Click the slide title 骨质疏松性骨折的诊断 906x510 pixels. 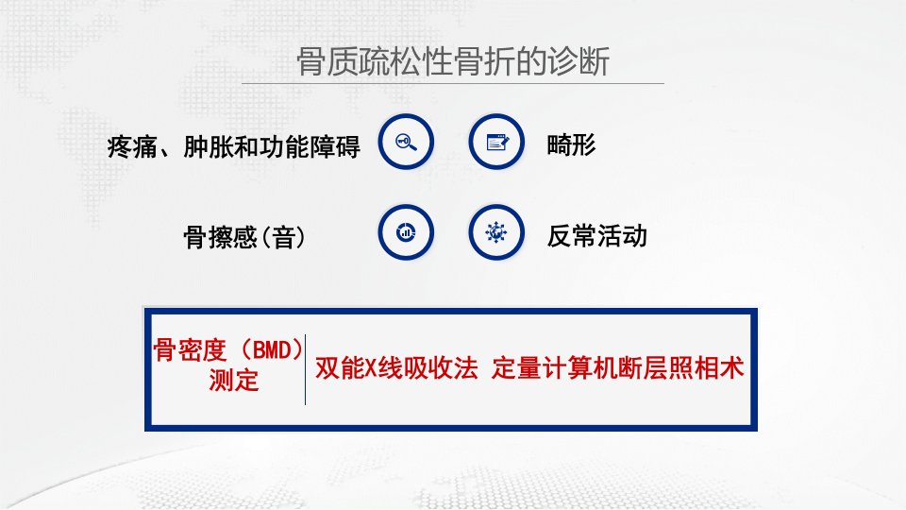453,61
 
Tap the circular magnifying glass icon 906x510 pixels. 406,142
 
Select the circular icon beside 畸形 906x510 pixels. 496,142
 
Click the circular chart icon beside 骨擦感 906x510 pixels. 406,232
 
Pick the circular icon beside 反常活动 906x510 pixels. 496,232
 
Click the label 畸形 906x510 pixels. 572,144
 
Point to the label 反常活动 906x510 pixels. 596,236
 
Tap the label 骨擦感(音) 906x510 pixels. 244,237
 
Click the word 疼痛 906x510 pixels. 132,147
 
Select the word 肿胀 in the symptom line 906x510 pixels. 209,147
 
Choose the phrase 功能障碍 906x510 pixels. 310,147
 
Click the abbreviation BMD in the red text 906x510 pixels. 271,349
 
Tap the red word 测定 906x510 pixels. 233,381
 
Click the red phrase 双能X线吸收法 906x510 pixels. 396,367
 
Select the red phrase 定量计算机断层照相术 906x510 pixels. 617,367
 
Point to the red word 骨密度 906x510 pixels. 190,349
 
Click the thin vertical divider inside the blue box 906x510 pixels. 305,369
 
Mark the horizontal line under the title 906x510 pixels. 453,84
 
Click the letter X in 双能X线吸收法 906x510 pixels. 372,368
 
